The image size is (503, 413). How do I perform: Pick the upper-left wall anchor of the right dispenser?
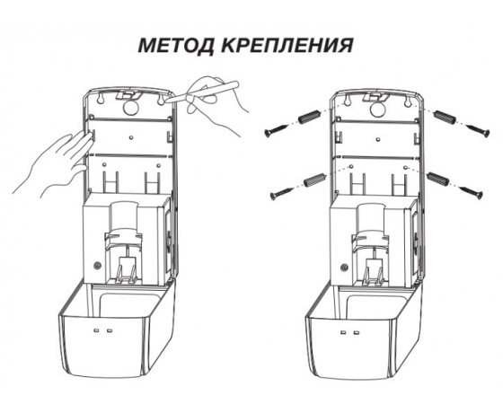coord(311,119)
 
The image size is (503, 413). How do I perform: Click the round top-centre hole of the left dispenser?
coord(130,107)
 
